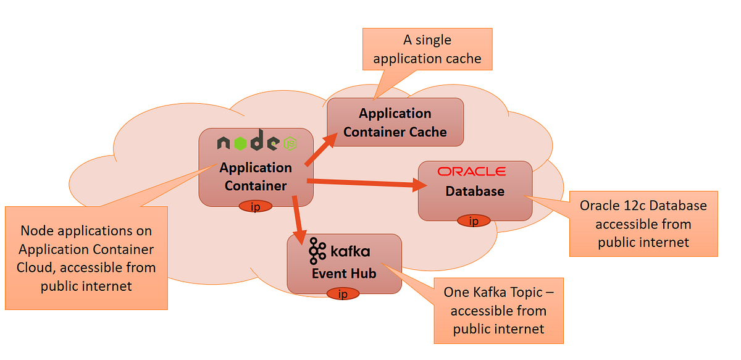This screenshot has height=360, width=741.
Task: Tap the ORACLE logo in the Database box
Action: click(471, 172)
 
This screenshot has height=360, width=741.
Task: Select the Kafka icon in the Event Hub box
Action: click(317, 250)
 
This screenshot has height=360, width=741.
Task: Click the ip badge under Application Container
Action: click(255, 207)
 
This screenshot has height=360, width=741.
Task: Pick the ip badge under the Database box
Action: click(474, 220)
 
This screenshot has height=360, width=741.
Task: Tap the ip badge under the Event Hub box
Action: click(342, 294)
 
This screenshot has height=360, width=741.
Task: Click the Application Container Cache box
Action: click(395, 122)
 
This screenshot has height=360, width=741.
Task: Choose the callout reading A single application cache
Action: click(427, 49)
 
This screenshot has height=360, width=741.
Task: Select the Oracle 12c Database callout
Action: click(643, 224)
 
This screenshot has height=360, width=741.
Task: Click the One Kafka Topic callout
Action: click(498, 311)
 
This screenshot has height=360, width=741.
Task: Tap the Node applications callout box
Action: click(86, 258)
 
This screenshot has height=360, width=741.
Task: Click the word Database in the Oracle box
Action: click(474, 191)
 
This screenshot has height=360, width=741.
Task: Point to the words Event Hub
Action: click(344, 273)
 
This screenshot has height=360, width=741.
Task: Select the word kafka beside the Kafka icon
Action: click(350, 251)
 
